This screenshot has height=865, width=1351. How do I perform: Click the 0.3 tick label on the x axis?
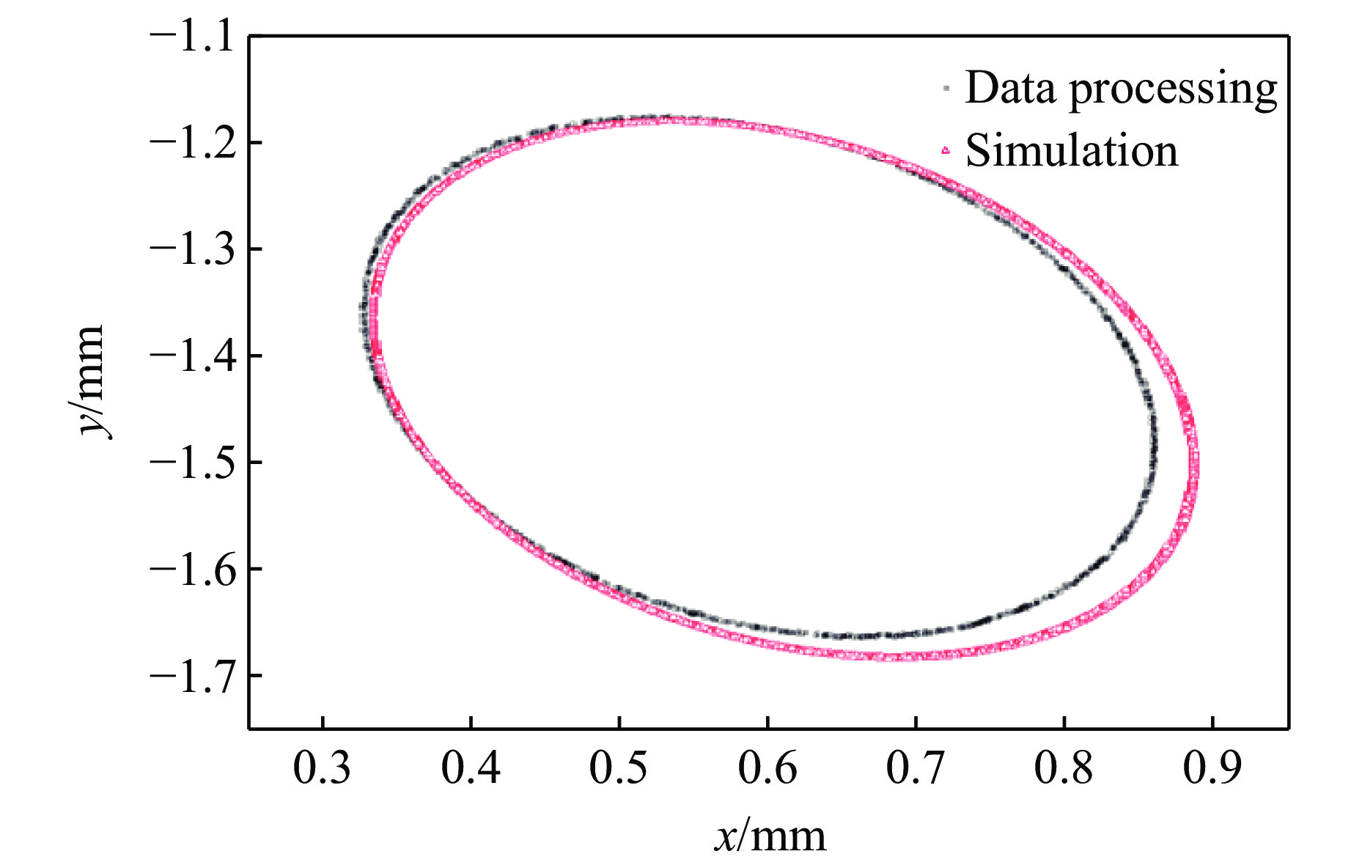[323, 768]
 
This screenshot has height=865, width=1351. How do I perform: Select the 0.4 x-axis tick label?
[471, 768]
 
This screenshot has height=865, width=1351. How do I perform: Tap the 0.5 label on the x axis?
[619, 768]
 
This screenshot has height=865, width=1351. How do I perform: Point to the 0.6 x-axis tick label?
[767, 768]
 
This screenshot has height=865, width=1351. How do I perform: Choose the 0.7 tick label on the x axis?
[916, 768]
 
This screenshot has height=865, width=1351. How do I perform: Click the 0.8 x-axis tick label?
[1064, 768]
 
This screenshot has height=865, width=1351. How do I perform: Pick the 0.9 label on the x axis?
[1212, 768]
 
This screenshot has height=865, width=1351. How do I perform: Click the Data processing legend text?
[1121, 89]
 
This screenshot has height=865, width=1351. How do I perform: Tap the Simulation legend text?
[1072, 151]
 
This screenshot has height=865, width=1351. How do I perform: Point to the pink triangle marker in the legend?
[946, 150]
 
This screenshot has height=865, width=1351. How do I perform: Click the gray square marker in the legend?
[946, 88]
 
